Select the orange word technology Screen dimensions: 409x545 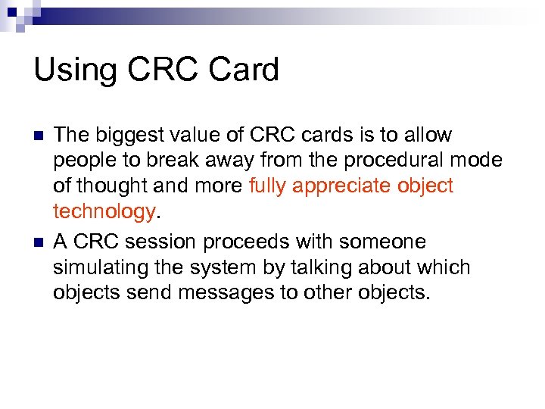[x=104, y=212]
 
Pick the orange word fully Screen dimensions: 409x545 [x=269, y=186]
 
